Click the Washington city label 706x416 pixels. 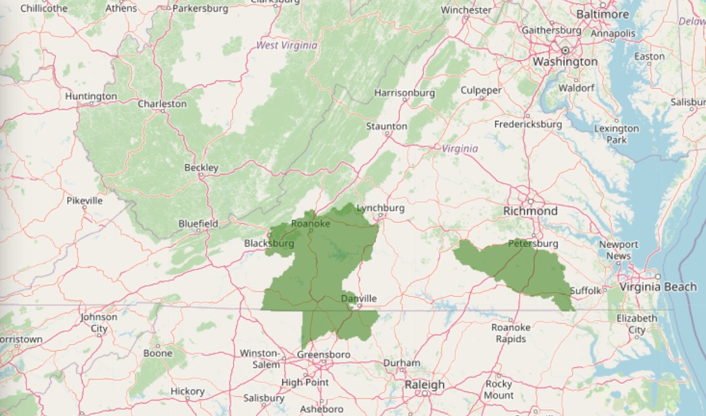[565, 62]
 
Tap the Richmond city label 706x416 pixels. [530, 211]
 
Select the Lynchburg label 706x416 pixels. [380, 208]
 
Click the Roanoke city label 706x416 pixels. [310, 224]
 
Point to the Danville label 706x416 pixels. [359, 299]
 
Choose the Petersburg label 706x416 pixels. [533, 244]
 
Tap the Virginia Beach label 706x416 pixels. [658, 287]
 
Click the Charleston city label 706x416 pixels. [162, 104]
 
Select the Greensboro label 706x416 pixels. [323, 355]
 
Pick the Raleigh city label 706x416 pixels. [424, 385]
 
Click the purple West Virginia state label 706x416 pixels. [287, 46]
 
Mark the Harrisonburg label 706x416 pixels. [404, 94]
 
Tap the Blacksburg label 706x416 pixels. [269, 244]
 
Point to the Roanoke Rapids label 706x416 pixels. [511, 333]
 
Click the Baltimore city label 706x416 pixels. [602, 14]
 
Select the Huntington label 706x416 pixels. [91, 97]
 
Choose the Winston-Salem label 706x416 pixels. [260, 359]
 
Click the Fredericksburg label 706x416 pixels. [528, 124]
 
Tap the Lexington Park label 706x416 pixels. [616, 134]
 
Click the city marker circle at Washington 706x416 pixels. [565, 50]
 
